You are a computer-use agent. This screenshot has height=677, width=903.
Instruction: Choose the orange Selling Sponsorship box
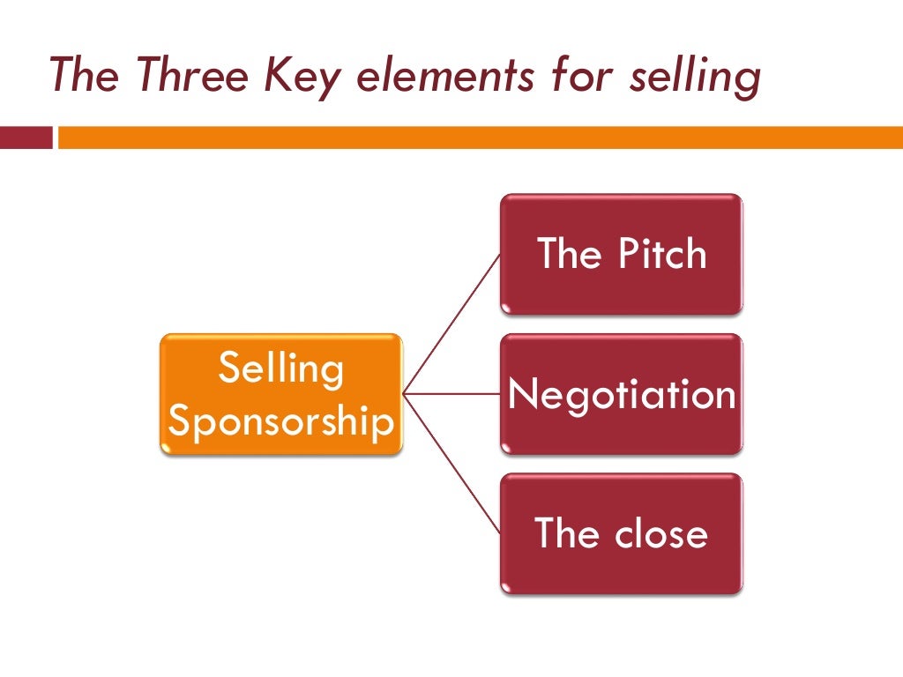click(280, 394)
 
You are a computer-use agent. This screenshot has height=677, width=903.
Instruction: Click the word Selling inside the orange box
click(280, 368)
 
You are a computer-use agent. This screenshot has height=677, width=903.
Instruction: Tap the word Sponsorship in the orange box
click(280, 421)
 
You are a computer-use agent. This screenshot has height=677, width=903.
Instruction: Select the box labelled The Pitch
click(622, 255)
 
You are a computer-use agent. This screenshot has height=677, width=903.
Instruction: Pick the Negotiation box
click(622, 394)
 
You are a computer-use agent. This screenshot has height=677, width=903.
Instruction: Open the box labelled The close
click(622, 533)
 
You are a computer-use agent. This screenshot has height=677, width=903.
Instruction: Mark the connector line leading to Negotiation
click(451, 393)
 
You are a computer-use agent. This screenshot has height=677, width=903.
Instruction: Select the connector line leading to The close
click(451, 464)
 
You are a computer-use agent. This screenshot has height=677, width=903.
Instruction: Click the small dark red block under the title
click(26, 138)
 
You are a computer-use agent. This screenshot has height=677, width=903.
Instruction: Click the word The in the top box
click(568, 255)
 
